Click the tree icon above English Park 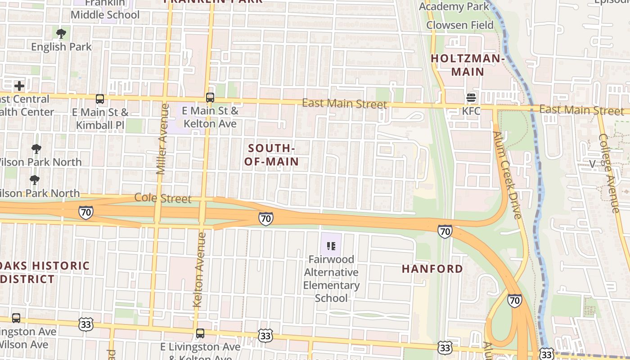(61, 33)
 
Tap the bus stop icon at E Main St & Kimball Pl (100, 99)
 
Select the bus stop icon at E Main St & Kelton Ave (210, 97)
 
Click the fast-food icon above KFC (471, 97)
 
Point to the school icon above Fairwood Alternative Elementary (331, 246)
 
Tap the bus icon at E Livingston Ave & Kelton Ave (200, 333)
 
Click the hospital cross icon (19, 86)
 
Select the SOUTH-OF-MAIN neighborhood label (271, 155)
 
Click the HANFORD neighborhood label (432, 269)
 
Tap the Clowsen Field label (460, 25)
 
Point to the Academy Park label (454, 6)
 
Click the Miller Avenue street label (162, 139)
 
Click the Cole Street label (163, 198)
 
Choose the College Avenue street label (609, 173)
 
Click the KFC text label (471, 111)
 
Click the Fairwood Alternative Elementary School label (331, 279)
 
